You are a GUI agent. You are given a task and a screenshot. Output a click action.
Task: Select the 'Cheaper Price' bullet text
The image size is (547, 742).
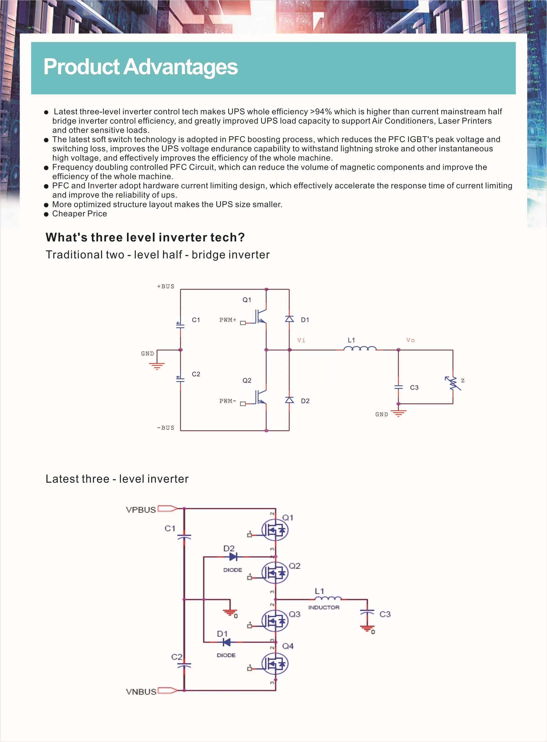pyautogui.click(x=80, y=214)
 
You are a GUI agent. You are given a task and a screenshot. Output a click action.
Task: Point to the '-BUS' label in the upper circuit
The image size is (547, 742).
pyautogui.click(x=165, y=428)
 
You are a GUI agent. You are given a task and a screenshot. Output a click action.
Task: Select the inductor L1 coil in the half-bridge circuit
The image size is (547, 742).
pyautogui.click(x=360, y=349)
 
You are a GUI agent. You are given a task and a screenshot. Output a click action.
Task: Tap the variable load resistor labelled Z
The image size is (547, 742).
pyautogui.click(x=453, y=383)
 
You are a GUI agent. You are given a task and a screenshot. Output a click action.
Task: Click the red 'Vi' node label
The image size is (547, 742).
pyautogui.click(x=301, y=340)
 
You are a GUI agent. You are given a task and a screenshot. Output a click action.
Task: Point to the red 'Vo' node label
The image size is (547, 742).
pyautogui.click(x=410, y=340)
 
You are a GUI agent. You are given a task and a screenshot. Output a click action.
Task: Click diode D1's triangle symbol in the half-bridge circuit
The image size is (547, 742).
pyautogui.click(x=289, y=319)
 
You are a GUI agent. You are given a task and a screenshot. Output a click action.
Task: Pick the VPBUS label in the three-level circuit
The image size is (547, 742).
pyautogui.click(x=141, y=510)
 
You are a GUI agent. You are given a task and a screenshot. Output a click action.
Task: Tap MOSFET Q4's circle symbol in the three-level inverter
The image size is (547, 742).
pyautogui.click(x=275, y=664)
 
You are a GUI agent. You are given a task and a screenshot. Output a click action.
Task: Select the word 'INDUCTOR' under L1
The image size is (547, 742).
pyautogui.click(x=324, y=608)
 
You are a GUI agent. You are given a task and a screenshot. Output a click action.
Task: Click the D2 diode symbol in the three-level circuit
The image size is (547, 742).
pyautogui.click(x=233, y=557)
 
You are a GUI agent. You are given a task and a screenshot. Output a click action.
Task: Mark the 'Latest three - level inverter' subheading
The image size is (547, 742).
pyautogui.click(x=117, y=479)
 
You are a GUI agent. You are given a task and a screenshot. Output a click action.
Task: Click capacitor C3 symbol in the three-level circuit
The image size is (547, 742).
pyautogui.click(x=367, y=613)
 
